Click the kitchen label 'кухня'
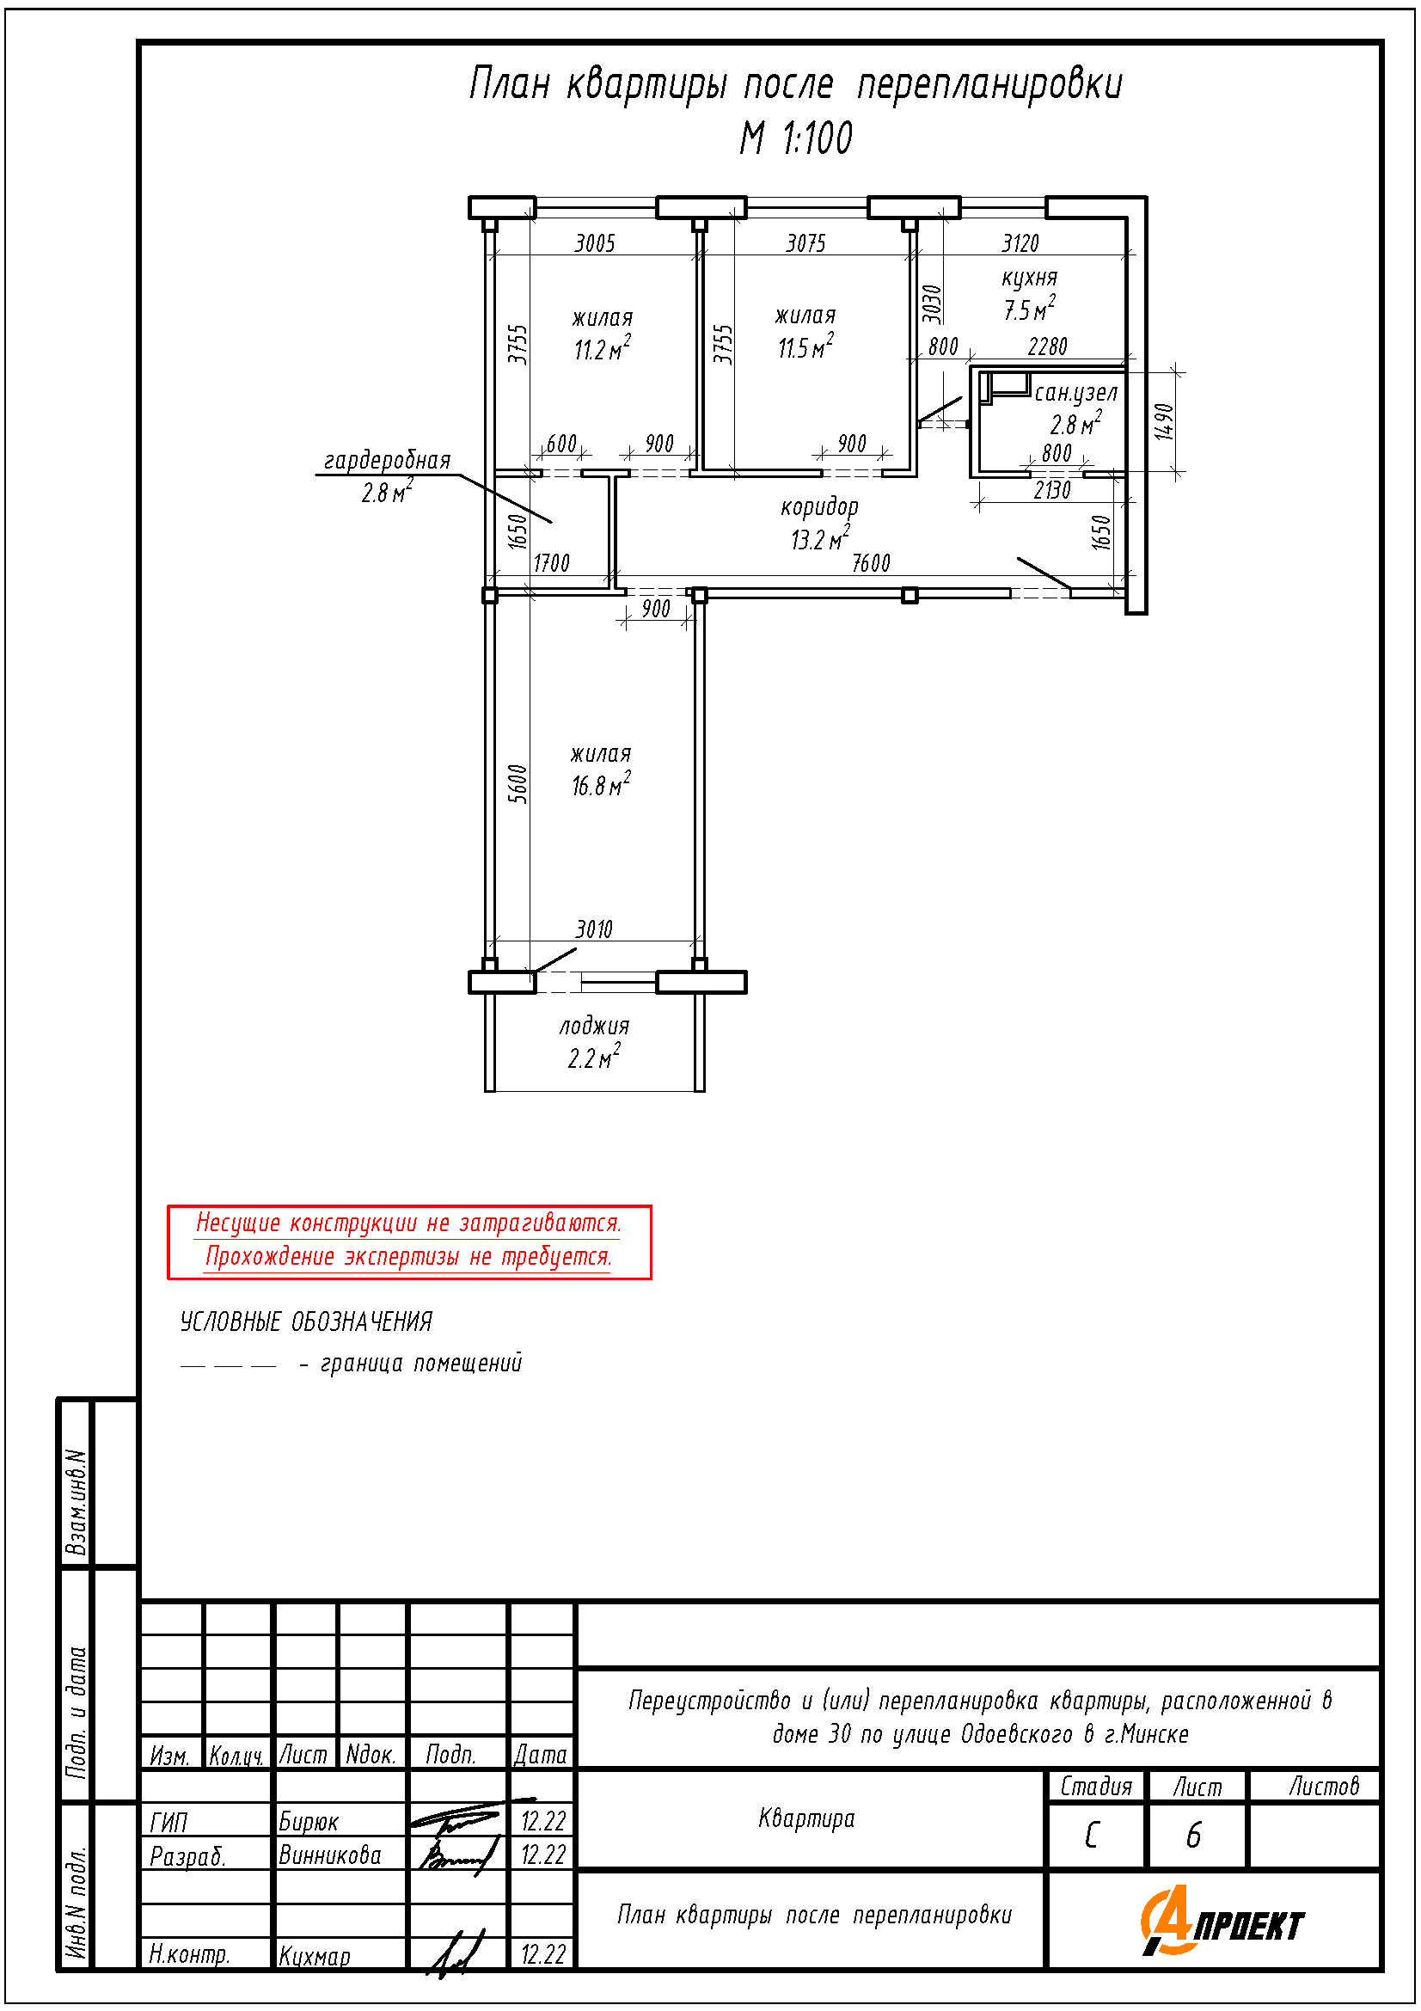pos(1030,279)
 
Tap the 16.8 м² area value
pos(602,784)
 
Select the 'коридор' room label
pos(819,507)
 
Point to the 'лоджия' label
pos(595,1026)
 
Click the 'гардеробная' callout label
pos(387,460)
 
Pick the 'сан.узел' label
pos(1076,393)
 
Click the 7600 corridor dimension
pos(871,563)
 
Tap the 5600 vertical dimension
pos(518,783)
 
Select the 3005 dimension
pos(596,242)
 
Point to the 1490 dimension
pos(1164,421)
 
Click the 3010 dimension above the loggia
pos(595,929)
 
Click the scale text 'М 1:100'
pos(796,138)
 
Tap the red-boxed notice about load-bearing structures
pos(410,1242)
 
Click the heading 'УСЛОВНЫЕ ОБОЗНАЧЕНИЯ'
pos(306,1321)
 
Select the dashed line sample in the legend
pos(229,1365)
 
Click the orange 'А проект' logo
pos(1222,1922)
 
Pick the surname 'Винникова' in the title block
pos(330,1855)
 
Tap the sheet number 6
pos(1193,1835)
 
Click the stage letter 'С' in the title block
pos(1092,1835)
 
